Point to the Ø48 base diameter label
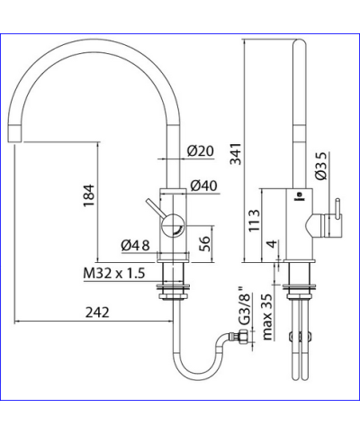coord(135,243)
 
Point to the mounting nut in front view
coord(172,289)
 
